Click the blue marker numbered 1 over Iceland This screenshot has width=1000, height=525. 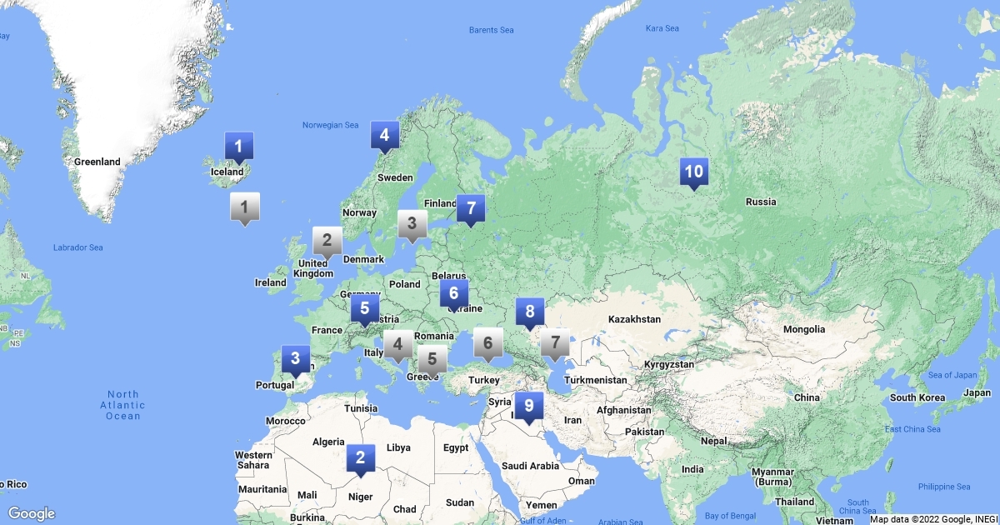pos(239,148)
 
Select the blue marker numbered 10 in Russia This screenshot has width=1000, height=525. pos(693,172)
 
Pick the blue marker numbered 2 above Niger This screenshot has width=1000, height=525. pos(360,457)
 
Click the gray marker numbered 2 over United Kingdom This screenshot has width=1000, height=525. pos(327,242)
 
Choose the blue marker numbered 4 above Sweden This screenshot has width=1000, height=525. pos(384,136)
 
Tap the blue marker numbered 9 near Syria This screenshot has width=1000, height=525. pos(528,407)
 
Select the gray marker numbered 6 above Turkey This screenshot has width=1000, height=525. pos(488,342)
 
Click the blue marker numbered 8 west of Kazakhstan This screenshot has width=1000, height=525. pos(530,312)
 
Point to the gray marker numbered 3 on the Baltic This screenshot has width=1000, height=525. pos(412,224)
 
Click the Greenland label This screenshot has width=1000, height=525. pos(97,162)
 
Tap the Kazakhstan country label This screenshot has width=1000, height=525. pos(634,319)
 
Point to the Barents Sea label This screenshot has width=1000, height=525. pos(491,30)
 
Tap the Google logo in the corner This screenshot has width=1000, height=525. pos(32,513)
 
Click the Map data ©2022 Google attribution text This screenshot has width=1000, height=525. pos(932,519)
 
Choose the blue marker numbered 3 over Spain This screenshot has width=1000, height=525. pos(295,360)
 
